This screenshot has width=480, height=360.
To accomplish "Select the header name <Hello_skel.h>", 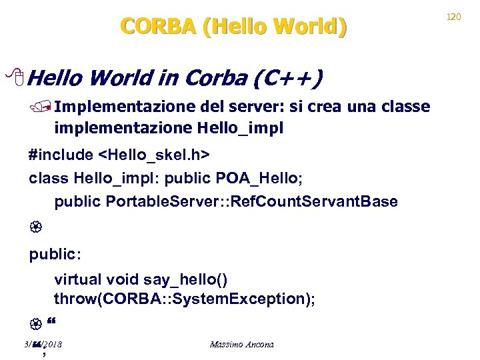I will (154, 155).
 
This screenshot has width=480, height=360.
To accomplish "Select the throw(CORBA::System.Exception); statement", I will (185, 299).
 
